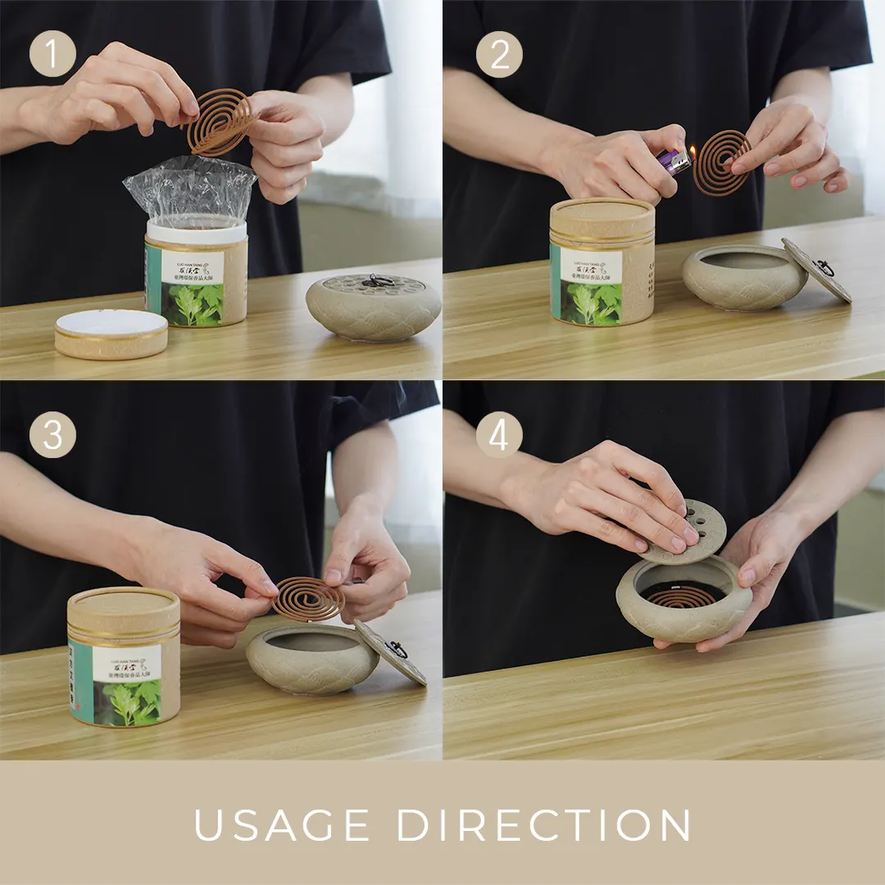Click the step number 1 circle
(53, 55)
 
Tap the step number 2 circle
(499, 55)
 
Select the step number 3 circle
(53, 435)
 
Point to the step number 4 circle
(499, 435)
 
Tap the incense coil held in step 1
(220, 121)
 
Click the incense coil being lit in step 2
(721, 161)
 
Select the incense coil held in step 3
(308, 598)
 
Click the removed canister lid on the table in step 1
(111, 333)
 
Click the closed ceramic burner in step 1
(374, 307)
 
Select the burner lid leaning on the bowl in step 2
(815, 270)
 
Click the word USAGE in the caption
(281, 825)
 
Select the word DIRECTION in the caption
(543, 825)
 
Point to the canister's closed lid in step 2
(602, 218)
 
